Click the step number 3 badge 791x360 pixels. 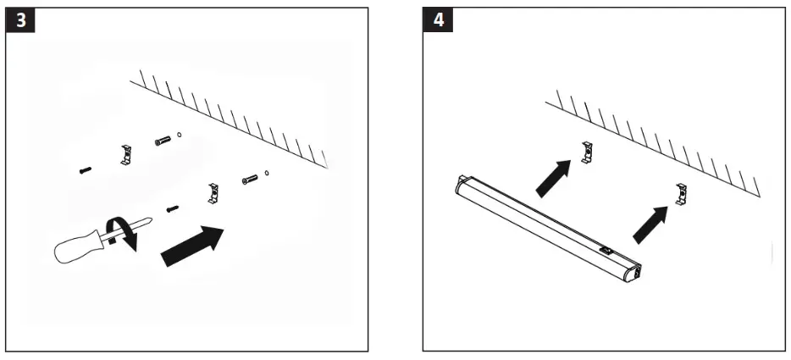coord(20,20)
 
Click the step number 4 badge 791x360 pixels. coord(437,20)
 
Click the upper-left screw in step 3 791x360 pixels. coord(83,170)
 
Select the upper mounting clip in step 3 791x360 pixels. coord(124,154)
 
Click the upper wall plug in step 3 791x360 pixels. coord(163,141)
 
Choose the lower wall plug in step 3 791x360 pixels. coord(250,180)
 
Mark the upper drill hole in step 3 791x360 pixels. coord(180,135)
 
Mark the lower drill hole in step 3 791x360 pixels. coord(268,174)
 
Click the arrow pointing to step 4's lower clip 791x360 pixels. coord(649,221)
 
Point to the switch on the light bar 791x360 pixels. coord(606,250)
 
